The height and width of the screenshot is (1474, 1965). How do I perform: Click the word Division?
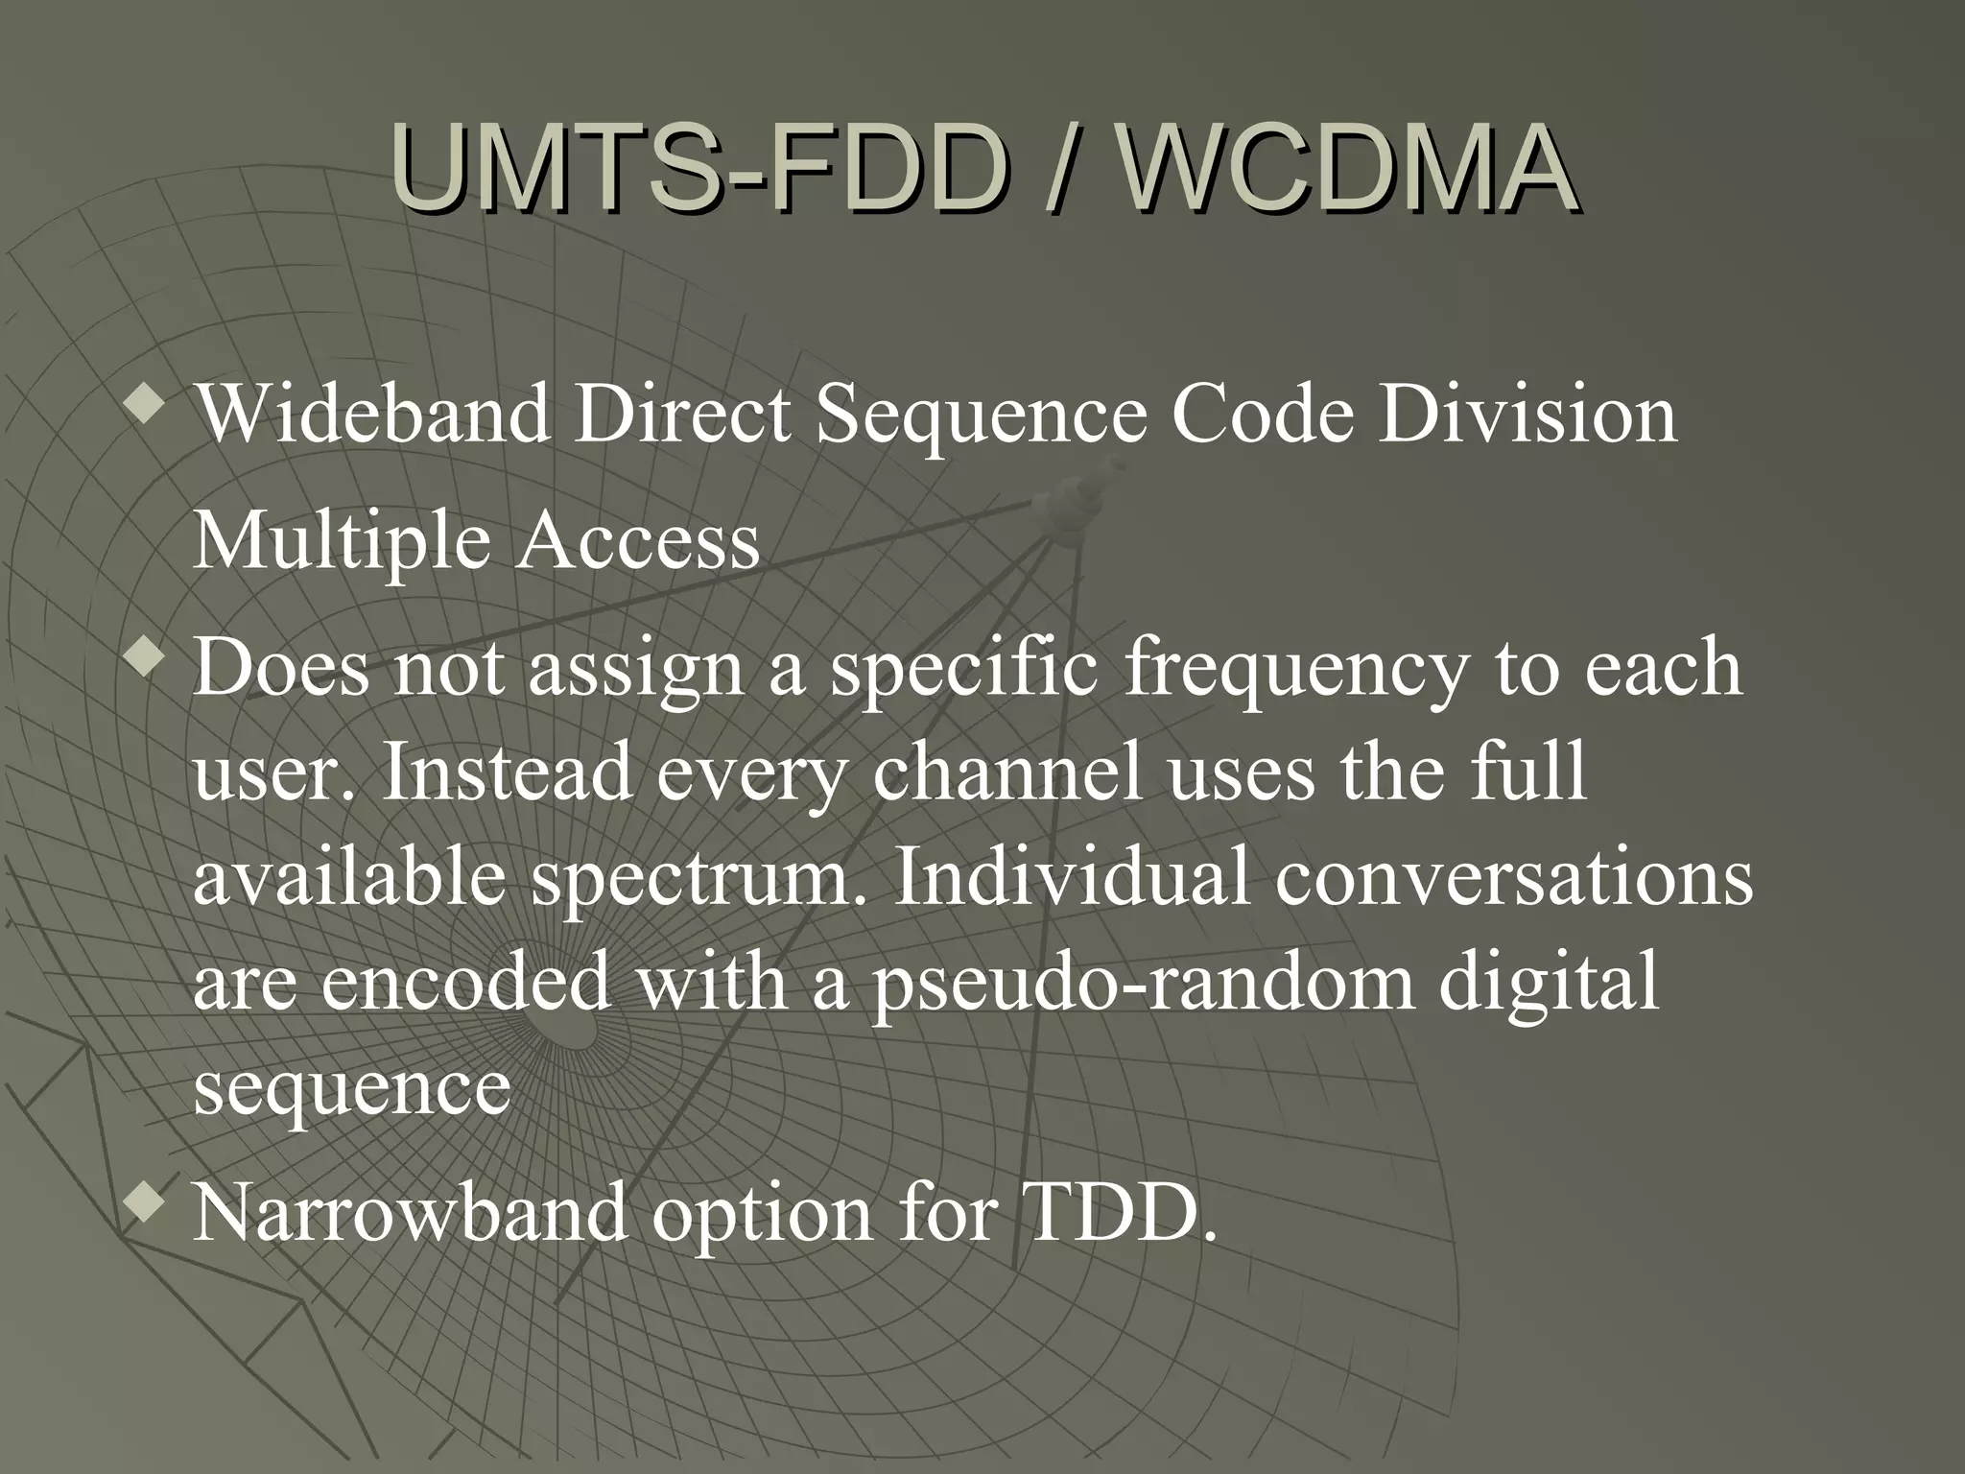[x=1528, y=415]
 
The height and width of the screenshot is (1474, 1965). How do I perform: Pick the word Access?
[x=638, y=541]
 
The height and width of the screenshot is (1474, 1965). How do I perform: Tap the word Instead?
[x=507, y=773]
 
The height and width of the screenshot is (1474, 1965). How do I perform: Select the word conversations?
[x=1513, y=878]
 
